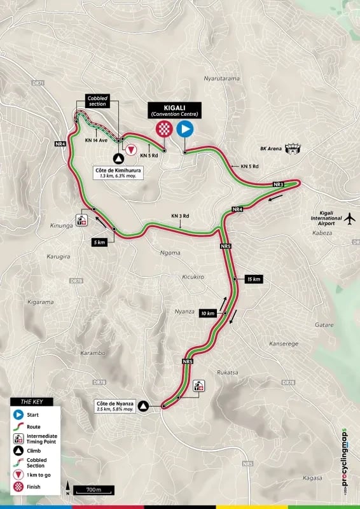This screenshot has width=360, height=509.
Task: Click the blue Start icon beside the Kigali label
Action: tap(185, 130)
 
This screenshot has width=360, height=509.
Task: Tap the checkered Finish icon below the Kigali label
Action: tap(165, 130)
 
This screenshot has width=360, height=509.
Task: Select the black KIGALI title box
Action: tap(174, 110)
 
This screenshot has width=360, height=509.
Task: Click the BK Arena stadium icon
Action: tap(293, 148)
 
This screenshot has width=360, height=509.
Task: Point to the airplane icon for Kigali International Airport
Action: tap(349, 218)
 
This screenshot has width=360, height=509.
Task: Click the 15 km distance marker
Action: tap(253, 279)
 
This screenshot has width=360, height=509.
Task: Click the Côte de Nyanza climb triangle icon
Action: tap(144, 405)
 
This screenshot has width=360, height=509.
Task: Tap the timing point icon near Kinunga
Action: tap(81, 220)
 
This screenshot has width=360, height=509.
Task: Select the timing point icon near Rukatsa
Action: tap(198, 386)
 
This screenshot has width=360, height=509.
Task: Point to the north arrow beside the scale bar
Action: tap(67, 489)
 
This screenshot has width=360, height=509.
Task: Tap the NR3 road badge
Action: tap(278, 185)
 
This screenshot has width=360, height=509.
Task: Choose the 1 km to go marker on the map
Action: tap(130, 150)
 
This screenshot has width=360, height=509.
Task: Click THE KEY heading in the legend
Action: tap(32, 401)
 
